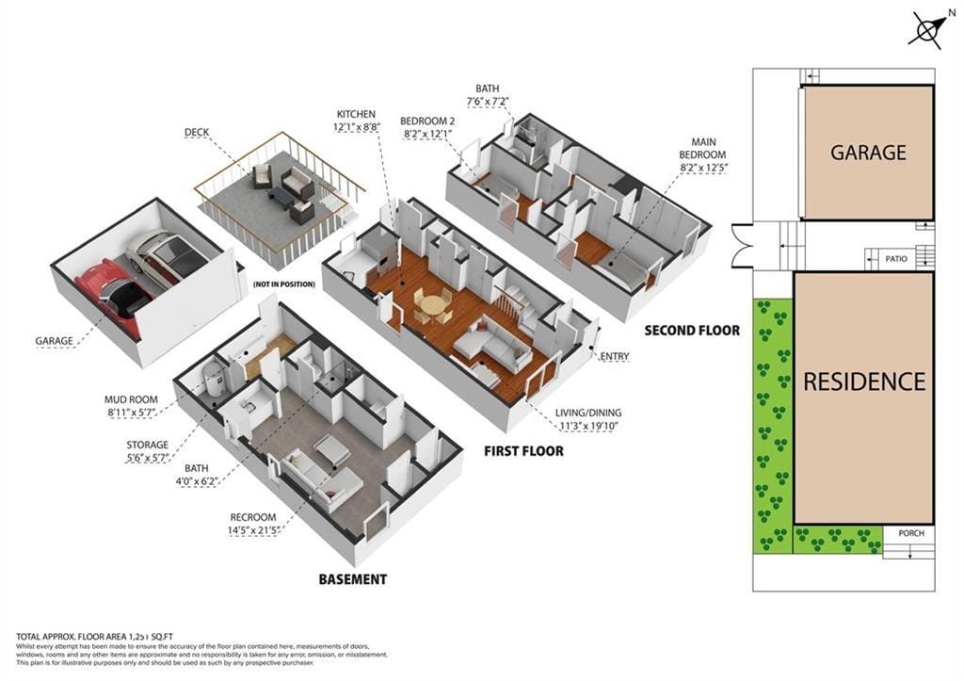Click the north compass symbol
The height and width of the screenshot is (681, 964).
(927, 29)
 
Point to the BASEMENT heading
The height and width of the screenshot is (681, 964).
(351, 579)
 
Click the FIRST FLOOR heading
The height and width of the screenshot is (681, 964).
(523, 451)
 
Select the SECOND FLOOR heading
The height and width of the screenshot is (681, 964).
(691, 331)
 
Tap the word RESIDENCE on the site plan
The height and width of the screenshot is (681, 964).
(863, 381)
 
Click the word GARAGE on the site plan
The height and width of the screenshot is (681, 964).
(867, 153)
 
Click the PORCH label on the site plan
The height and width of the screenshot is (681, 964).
(911, 533)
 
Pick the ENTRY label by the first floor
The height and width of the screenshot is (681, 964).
(614, 356)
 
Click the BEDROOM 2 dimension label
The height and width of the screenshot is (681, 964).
(427, 127)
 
